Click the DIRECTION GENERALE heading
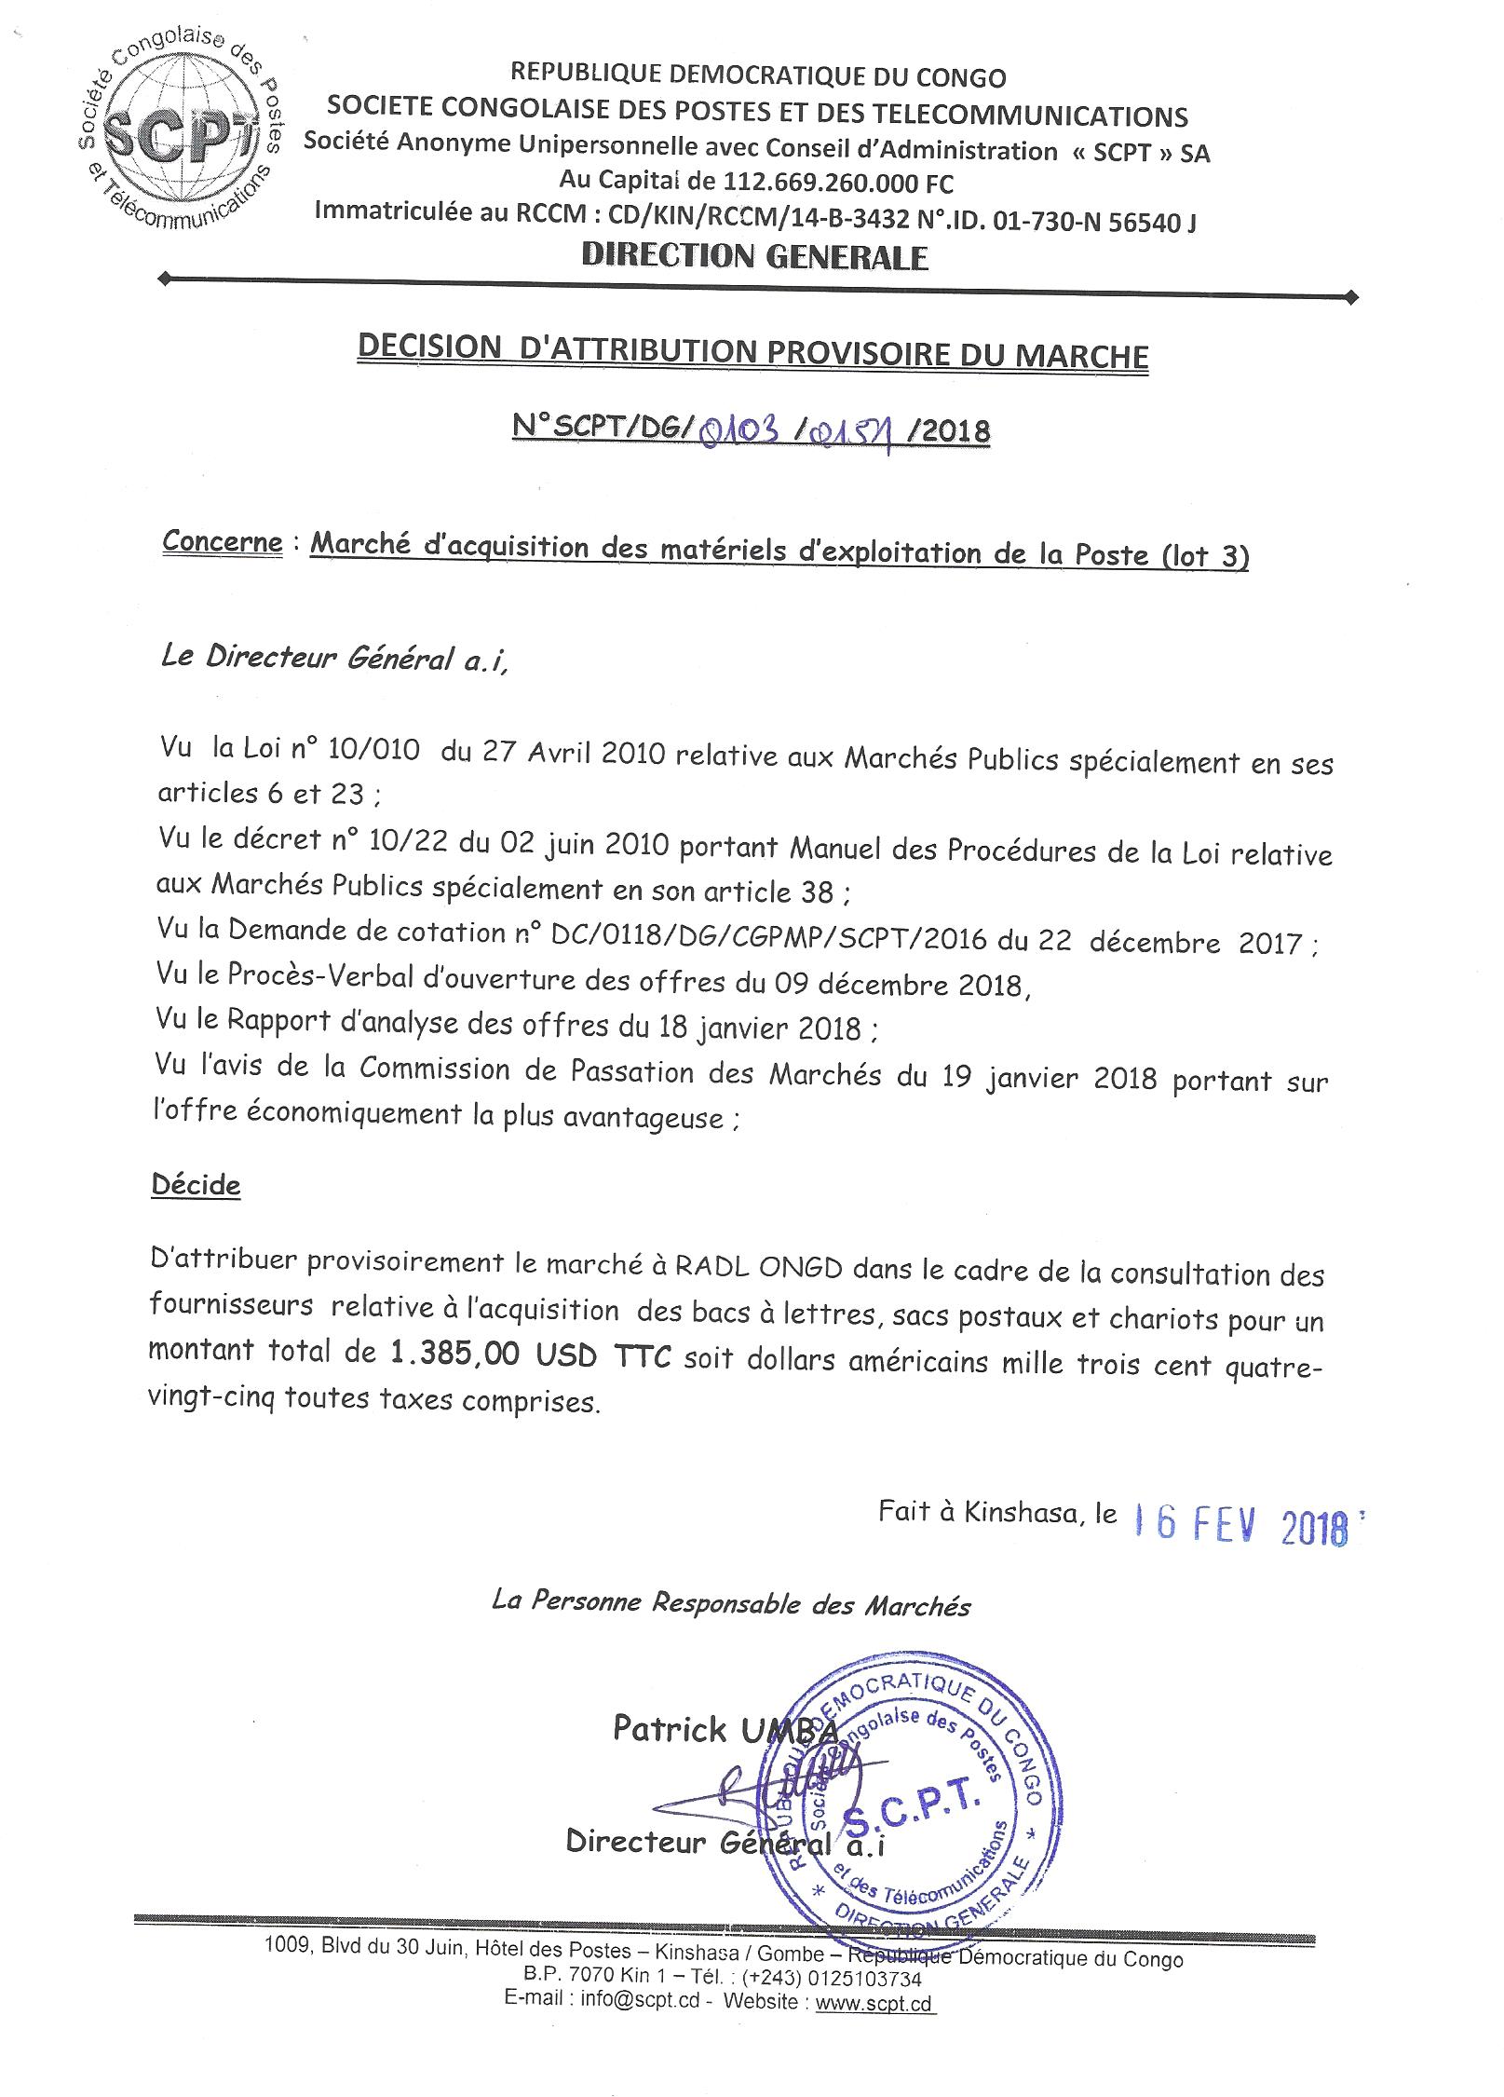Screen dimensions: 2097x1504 (754, 257)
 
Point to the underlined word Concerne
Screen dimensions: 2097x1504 (222, 542)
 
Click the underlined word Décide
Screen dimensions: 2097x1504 (196, 1186)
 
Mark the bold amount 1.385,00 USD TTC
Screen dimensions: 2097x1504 (526, 1355)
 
